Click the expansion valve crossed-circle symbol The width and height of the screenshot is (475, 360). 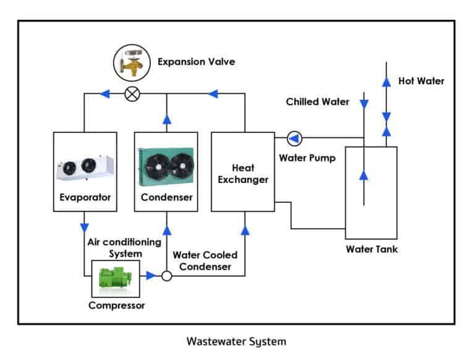(x=132, y=95)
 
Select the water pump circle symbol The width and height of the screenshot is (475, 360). (x=294, y=137)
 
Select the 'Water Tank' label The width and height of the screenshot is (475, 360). (x=371, y=249)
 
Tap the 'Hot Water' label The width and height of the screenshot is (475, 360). (x=421, y=81)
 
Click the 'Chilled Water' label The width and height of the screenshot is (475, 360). (x=317, y=101)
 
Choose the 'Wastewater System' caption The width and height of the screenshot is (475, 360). (x=236, y=341)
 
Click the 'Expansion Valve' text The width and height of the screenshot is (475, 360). (x=196, y=62)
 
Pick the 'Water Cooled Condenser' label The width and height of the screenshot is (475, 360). (x=205, y=260)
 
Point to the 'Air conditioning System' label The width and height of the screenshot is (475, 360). (x=124, y=247)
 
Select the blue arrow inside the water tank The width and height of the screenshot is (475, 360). (x=364, y=175)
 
